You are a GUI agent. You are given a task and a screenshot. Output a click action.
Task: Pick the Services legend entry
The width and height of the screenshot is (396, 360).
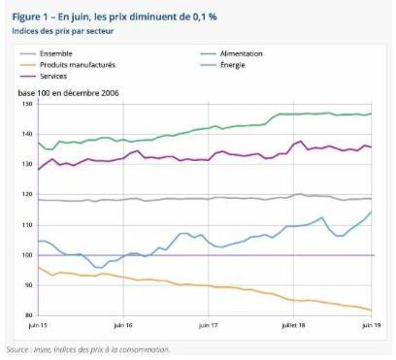tap(78, 75)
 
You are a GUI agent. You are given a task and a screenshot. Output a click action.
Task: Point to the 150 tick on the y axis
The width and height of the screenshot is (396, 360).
tap(25, 104)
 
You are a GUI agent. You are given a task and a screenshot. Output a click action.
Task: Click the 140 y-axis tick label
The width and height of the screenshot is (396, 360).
tap(25, 134)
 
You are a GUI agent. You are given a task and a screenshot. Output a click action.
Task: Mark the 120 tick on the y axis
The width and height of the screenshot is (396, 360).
tap(25, 194)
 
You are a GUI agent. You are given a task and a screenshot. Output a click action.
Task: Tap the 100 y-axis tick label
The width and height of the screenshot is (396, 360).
tap(25, 254)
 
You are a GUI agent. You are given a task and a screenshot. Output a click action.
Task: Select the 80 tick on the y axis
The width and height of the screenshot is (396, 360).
tap(27, 314)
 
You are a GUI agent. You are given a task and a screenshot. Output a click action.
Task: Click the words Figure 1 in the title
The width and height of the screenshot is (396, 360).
tap(29, 18)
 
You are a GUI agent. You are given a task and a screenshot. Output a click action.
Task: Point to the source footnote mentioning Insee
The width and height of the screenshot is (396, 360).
tap(87, 349)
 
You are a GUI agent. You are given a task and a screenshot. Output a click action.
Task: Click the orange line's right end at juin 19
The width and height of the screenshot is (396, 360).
tap(374, 310)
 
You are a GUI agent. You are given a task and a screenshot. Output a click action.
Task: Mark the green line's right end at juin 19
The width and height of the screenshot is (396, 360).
tap(374, 114)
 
